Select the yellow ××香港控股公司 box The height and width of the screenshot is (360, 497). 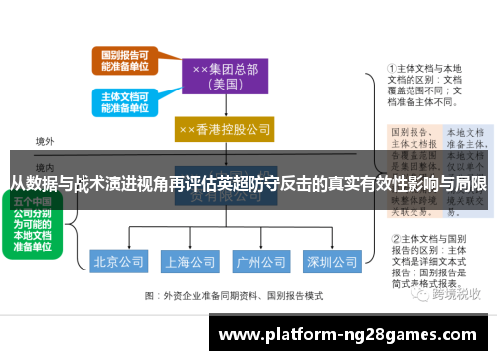pos(225,129)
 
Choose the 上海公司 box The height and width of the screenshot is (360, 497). pos(190,263)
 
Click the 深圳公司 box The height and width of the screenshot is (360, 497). pos(331,263)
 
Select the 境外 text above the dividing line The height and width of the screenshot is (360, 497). pos(45,141)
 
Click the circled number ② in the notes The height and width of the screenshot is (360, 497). pos(394,239)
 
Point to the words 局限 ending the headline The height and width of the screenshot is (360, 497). pos(472,184)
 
